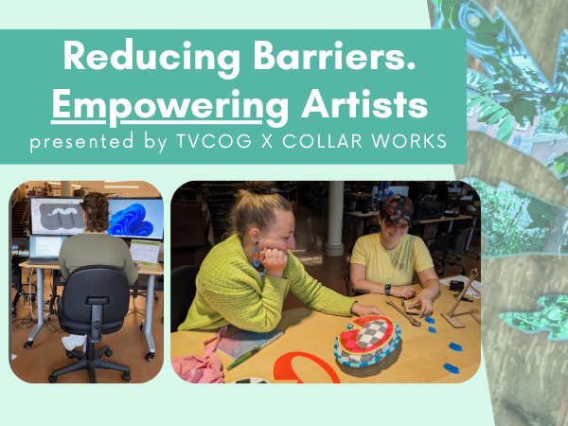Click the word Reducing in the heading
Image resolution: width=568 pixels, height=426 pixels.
[151, 57]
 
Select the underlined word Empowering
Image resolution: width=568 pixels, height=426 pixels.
[169, 106]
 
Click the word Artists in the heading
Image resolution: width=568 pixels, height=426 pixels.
[364, 103]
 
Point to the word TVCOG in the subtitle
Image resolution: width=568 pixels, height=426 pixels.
[214, 140]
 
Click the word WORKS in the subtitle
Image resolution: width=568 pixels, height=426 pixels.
[409, 140]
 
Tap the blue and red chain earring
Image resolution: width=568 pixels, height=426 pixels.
[256, 257]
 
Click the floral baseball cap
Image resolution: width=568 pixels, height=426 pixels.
[397, 210]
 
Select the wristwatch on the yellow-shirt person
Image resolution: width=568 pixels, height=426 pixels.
[388, 289]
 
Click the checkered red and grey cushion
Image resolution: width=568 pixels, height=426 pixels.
[367, 340]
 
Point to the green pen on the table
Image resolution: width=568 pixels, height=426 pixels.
[244, 358]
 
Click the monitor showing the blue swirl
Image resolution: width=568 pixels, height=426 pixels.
[135, 218]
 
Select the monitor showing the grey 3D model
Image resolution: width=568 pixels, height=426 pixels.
[57, 216]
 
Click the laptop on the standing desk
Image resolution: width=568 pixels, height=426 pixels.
[46, 249]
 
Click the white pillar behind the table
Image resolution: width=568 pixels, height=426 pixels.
[334, 219]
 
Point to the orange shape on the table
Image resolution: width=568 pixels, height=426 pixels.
[306, 367]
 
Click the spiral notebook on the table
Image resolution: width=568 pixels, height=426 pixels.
[250, 344]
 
